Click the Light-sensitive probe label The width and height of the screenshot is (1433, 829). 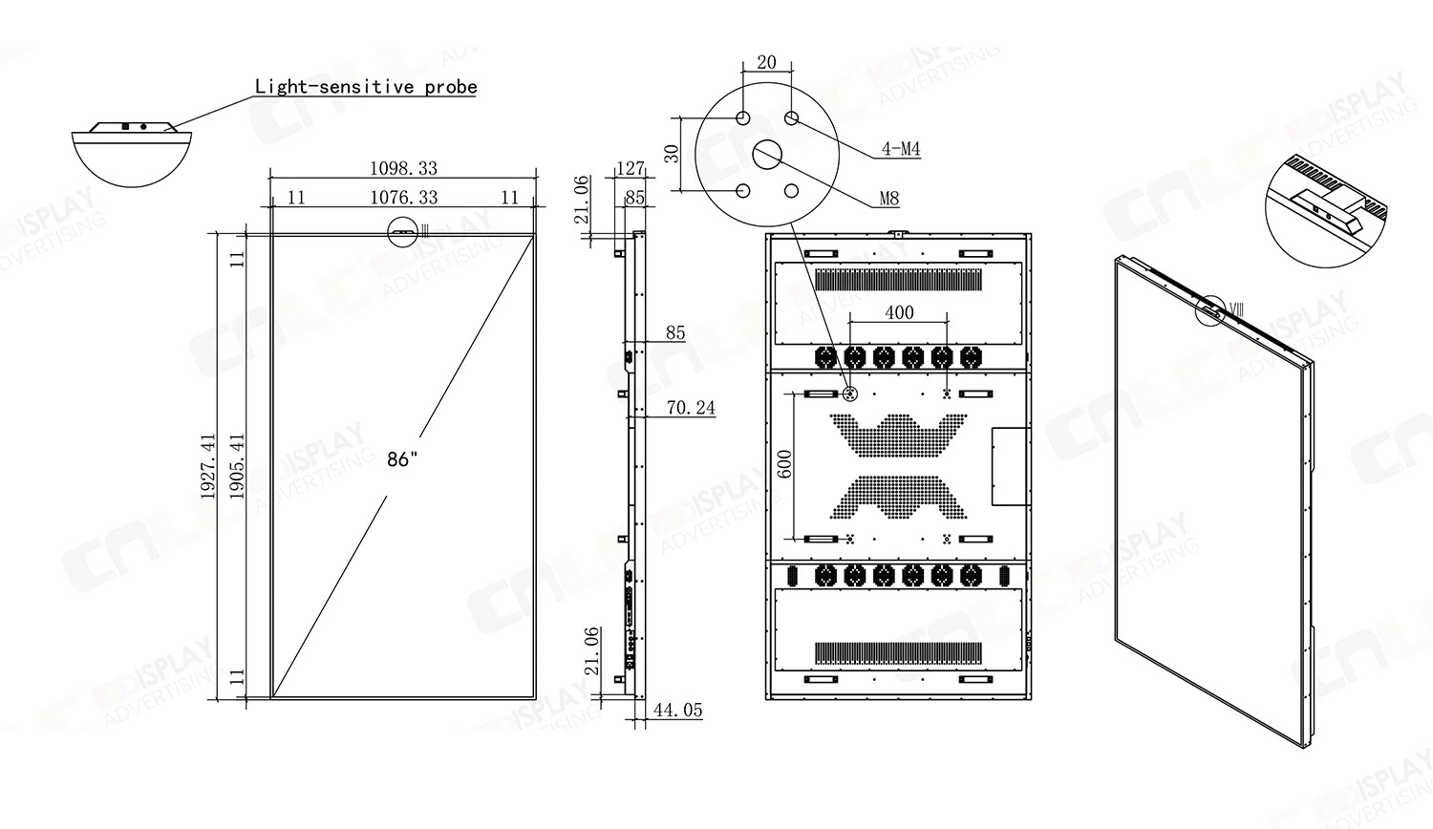point(366,87)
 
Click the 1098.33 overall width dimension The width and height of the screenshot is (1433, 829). point(403,168)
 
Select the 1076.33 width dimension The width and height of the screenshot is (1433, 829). point(403,198)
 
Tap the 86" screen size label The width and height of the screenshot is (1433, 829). point(402,459)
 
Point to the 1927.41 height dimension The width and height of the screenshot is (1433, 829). point(208,466)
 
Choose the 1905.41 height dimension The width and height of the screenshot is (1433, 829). point(238,466)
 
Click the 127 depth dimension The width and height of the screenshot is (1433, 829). point(631,168)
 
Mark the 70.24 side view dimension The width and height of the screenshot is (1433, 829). point(691,408)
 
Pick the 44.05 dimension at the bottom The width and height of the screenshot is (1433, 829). point(677,711)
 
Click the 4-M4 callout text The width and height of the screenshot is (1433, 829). point(900,149)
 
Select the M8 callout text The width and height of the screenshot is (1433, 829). point(888,199)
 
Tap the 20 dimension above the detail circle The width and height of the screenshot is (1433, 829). point(766,63)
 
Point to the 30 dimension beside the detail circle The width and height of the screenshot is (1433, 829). point(673,153)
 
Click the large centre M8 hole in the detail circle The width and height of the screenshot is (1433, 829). point(768,154)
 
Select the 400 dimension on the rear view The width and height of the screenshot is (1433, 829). point(899,312)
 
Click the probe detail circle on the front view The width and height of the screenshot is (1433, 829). point(403,231)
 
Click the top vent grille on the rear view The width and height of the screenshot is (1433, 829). point(899,281)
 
